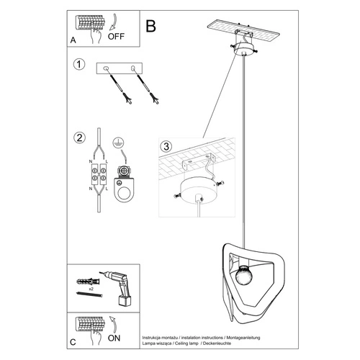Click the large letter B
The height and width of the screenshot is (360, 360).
150,27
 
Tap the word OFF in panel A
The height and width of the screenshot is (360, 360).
116,33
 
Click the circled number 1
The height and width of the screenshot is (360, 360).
78,66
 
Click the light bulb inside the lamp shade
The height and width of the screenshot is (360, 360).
242,274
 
